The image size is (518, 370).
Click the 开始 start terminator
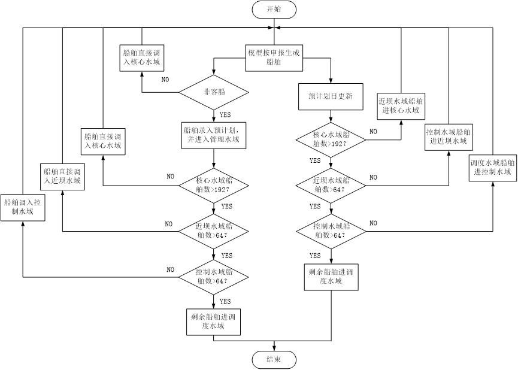274,9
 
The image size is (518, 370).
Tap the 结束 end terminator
274,360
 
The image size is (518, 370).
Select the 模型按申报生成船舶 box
274,57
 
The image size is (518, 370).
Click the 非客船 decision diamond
214,92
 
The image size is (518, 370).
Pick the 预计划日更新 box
331,96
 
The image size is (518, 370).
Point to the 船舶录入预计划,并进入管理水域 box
214,135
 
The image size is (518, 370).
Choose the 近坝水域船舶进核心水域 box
401,106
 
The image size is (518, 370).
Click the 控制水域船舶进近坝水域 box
448,137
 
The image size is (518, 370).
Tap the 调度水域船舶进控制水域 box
492,167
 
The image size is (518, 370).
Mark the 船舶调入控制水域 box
22,207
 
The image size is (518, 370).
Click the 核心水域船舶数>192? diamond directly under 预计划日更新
331,139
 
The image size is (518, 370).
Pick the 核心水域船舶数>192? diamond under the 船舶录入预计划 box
214,185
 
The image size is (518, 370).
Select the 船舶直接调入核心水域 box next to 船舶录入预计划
103,141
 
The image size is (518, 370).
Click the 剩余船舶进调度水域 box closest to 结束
214,322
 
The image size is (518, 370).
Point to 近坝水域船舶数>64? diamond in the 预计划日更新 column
331,185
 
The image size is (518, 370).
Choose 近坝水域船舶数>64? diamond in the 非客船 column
214,231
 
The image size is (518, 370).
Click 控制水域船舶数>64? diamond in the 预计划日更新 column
331,231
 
